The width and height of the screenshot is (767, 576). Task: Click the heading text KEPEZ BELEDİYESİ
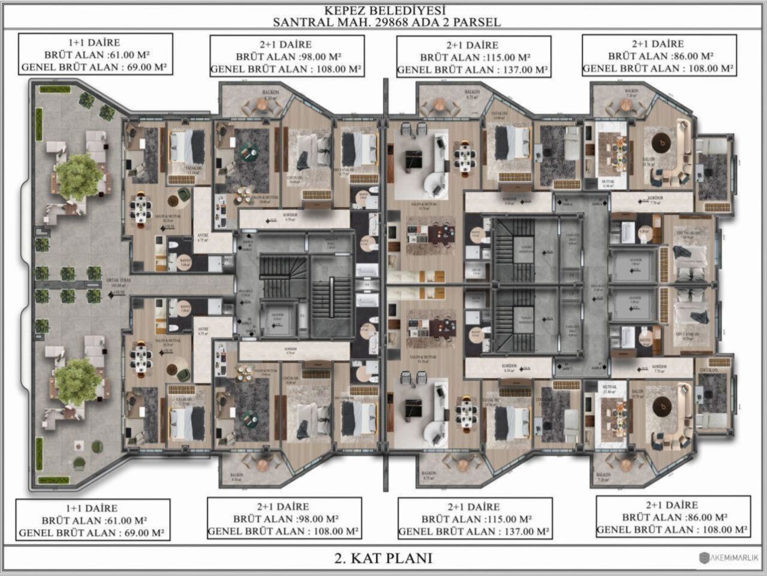pos(384,10)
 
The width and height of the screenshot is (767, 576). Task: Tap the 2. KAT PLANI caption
pos(383,558)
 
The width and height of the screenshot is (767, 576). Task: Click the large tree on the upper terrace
pos(79,177)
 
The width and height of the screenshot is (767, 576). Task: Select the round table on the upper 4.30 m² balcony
pos(261,105)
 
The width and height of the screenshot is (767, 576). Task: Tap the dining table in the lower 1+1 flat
pos(141,358)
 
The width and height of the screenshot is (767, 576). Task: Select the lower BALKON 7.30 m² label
pos(603,477)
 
